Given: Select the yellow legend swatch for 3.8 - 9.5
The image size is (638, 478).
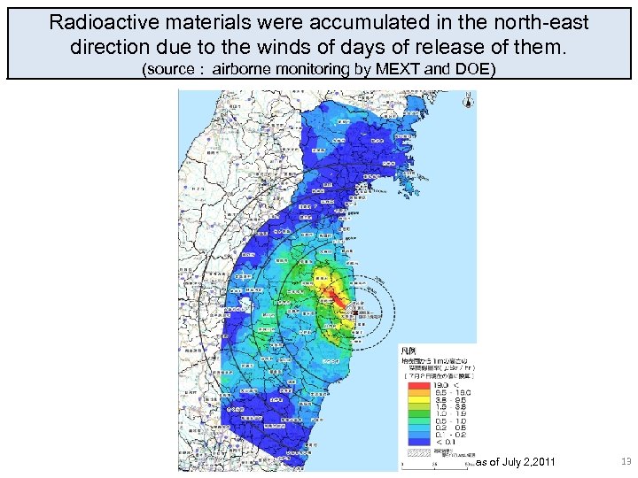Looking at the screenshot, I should pyautogui.click(x=415, y=399).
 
